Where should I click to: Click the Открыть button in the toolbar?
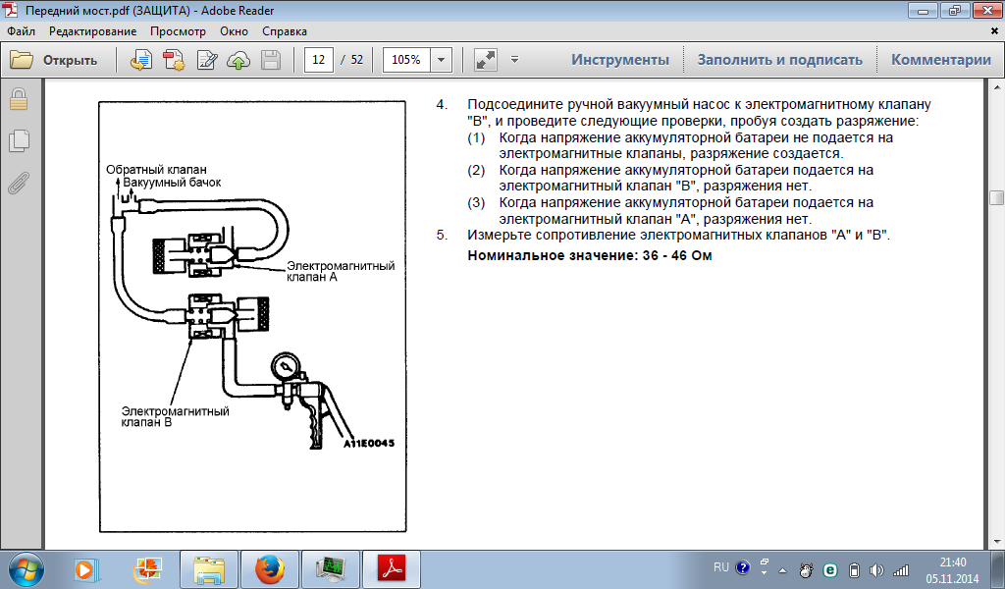coord(54,60)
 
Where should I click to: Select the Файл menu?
coord(22,31)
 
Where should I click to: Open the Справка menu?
coord(284,31)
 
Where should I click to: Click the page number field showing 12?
coord(319,60)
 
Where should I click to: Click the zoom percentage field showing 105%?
coord(406,60)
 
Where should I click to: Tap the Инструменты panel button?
coord(620,60)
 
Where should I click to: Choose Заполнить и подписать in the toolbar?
coord(779,60)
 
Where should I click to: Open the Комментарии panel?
coord(941,60)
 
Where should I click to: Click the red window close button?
coord(987,10)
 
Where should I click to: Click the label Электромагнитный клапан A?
coord(341,271)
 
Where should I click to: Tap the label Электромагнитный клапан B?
coord(175,416)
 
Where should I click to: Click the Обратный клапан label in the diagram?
coord(156,170)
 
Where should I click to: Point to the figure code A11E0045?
coord(369,443)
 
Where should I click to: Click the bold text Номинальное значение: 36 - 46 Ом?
coord(590,255)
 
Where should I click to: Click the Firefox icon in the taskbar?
coord(270,569)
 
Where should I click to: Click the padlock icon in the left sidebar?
coord(19,100)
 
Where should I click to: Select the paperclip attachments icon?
coord(19,183)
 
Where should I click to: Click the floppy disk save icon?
coord(271,60)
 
